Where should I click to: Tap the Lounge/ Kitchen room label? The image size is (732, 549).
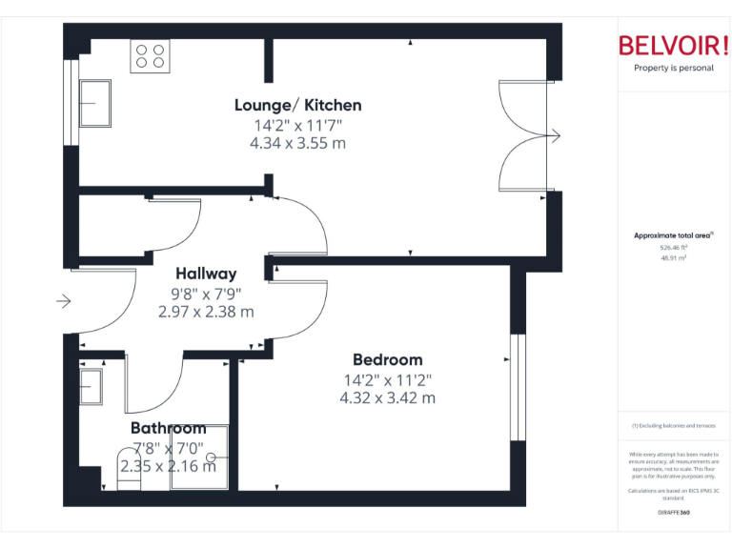[x=298, y=105]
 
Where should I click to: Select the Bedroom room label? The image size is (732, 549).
[x=387, y=359]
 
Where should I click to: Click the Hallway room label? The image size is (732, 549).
[x=206, y=274]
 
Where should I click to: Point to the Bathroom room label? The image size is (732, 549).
[x=168, y=428]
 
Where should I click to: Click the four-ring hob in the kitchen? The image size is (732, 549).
[x=150, y=56]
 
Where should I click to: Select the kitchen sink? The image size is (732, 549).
[x=95, y=102]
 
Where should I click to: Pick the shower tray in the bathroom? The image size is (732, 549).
[x=199, y=457]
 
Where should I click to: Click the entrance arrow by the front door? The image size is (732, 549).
[x=64, y=302]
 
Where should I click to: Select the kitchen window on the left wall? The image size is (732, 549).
[x=69, y=103]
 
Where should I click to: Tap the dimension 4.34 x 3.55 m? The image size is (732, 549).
[x=297, y=144]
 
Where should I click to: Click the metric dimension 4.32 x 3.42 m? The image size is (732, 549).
[x=387, y=397]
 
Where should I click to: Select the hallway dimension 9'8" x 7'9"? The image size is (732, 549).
[x=206, y=294]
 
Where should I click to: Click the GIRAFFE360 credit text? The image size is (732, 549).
[x=673, y=512]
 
